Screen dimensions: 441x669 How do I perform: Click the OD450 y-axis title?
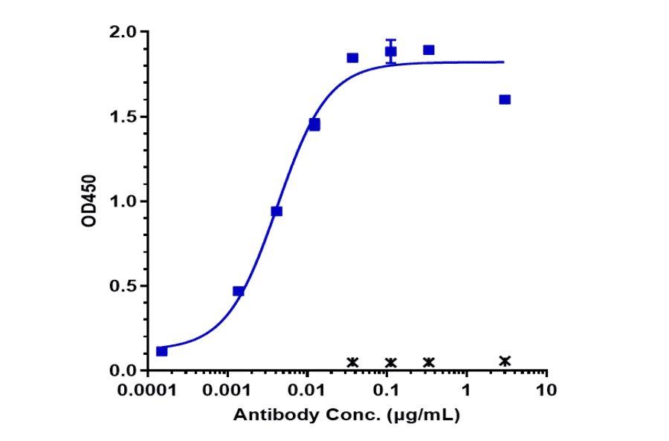pyautogui.click(x=89, y=201)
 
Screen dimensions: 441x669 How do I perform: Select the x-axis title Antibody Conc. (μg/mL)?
pyautogui.click(x=347, y=416)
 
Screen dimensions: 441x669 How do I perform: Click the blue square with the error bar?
pyautogui.click(x=391, y=51)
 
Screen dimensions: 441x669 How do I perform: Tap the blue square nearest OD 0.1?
pyautogui.click(x=162, y=351)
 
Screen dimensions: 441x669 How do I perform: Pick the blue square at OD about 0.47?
pyautogui.click(x=239, y=291)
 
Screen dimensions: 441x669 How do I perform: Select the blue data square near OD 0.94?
pyautogui.click(x=277, y=211)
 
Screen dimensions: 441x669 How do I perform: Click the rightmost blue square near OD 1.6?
pyautogui.click(x=505, y=99)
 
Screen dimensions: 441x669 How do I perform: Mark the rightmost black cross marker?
pyautogui.click(x=505, y=361)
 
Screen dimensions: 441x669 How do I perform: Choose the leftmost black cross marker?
pyautogui.click(x=353, y=362)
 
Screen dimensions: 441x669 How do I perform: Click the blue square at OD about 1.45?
pyautogui.click(x=314, y=125)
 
